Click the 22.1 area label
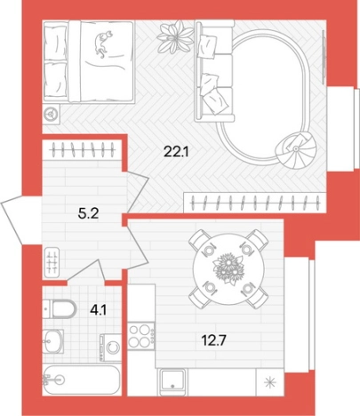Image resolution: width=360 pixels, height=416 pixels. point(176,152)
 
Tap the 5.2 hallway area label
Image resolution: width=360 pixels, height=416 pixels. point(88,213)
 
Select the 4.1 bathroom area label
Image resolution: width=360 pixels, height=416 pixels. point(98,310)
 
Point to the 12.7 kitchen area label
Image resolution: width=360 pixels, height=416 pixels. point(214,340)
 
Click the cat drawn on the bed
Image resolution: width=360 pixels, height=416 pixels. point(102,44)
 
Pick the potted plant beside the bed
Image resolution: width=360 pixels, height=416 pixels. point(175,36)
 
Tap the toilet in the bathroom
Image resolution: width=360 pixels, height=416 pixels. point(59,308)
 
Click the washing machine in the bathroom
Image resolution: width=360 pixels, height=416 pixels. point(110,348)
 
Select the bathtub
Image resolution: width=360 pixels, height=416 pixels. point(82,380)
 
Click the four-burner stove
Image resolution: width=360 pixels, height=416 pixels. point(141,335)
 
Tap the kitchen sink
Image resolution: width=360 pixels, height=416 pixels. point(172,381)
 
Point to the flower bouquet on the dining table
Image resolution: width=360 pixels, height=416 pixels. point(228,268)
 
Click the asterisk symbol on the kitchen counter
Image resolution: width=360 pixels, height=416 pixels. point(270,382)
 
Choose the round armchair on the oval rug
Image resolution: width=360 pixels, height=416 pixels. point(295,150)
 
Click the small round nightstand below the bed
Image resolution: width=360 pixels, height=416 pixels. point(52,113)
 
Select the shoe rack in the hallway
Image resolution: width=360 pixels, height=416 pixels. point(52,262)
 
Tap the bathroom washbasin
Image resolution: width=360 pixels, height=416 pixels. point(52,340)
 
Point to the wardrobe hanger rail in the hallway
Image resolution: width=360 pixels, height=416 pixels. point(82,149)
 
